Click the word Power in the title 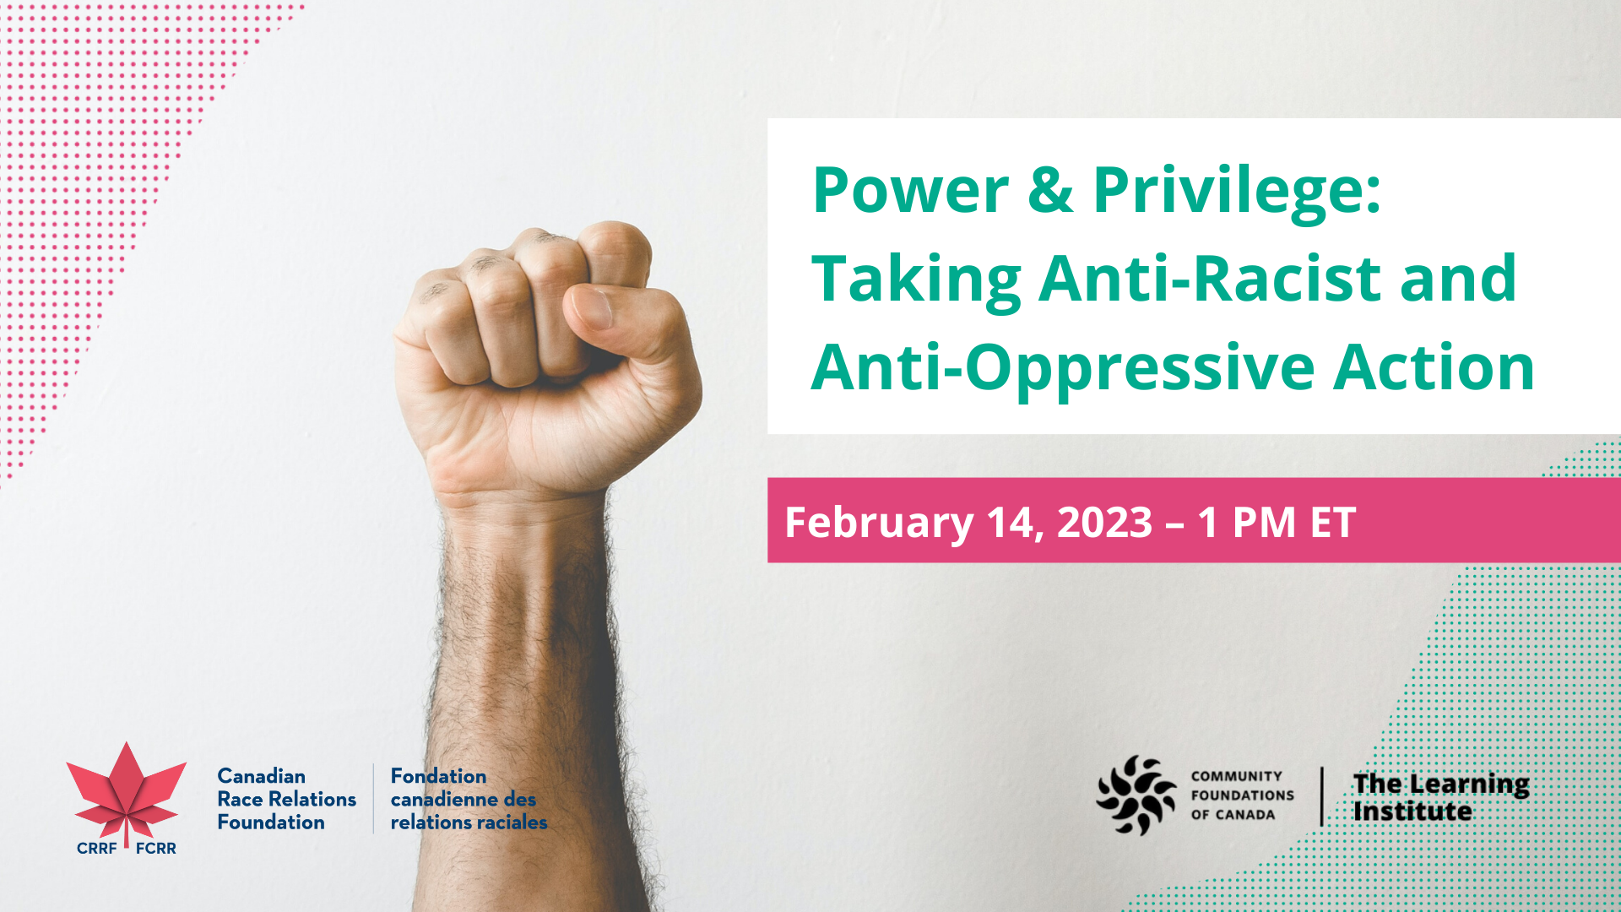tap(911, 190)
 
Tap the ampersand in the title tap(1051, 190)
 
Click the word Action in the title tap(1434, 368)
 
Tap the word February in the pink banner tap(879, 523)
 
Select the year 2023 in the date tap(1104, 522)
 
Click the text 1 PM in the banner tap(1246, 522)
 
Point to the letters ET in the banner tap(1333, 522)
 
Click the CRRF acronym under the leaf tap(96, 849)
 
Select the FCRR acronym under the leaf tap(156, 849)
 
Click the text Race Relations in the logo tap(286, 799)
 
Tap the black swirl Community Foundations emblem tap(1136, 795)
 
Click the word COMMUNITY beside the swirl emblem tap(1236, 776)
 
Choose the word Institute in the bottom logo tap(1412, 812)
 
